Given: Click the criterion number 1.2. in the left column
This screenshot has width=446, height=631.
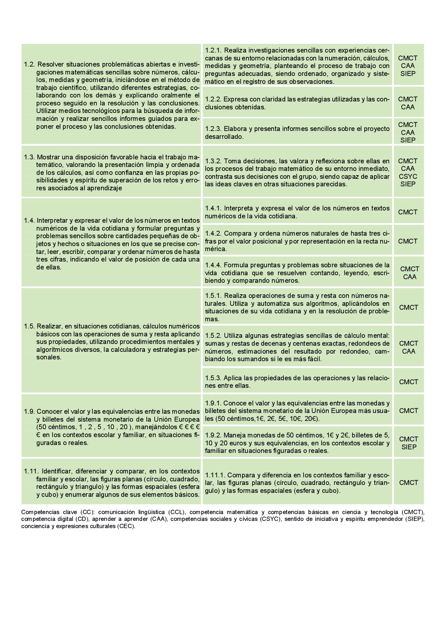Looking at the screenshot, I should click(x=29, y=64).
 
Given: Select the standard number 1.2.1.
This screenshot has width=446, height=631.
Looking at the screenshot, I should click(x=213, y=50).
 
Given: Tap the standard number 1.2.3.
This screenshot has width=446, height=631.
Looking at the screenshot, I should click(x=213, y=129).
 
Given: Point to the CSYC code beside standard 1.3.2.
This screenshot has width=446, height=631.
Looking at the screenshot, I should click(x=408, y=176).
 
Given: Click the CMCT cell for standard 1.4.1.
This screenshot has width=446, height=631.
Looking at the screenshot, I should click(x=408, y=212).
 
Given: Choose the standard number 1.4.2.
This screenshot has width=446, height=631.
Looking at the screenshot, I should click(x=213, y=233).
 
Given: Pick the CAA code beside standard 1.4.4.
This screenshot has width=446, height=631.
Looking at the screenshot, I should click(x=410, y=277).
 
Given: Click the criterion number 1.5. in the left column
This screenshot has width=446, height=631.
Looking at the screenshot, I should click(x=29, y=326).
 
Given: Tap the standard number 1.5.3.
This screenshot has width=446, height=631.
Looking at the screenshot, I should click(x=213, y=378).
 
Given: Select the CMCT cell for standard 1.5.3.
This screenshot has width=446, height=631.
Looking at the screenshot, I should click(x=409, y=382).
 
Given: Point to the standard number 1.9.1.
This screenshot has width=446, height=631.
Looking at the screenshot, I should click(x=213, y=403).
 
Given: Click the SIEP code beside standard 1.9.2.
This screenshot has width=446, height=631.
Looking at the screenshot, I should click(x=409, y=447).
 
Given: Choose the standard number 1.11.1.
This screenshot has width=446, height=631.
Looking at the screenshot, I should click(x=215, y=475).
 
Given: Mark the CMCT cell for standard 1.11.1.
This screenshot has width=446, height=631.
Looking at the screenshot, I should click(x=409, y=482).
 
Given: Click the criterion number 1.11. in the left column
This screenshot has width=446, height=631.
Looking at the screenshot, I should click(x=31, y=471).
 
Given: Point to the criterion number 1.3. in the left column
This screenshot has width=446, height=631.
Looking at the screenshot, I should click(x=29, y=157).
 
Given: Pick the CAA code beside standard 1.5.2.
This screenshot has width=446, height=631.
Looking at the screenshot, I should click(x=409, y=351).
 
